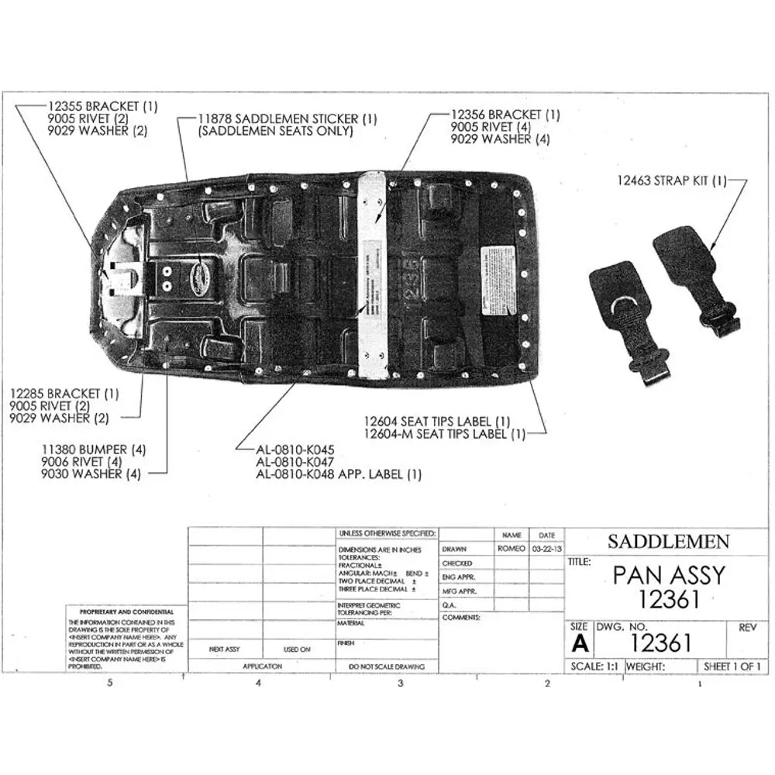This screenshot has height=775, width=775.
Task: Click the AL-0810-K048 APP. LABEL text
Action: point(339,474)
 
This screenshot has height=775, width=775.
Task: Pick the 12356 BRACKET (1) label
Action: point(505,115)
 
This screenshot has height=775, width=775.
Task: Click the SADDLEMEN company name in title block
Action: point(667,541)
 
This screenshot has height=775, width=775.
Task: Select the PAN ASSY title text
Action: point(669,575)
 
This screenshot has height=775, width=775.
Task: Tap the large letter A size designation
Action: point(579,643)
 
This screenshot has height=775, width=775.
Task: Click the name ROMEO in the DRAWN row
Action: point(511,548)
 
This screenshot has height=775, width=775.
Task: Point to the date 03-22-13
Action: point(547,548)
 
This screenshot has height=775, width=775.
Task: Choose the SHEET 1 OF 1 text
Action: point(732,666)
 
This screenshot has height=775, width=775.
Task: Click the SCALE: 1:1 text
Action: point(593,666)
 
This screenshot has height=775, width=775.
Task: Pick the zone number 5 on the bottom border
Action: point(110,683)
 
